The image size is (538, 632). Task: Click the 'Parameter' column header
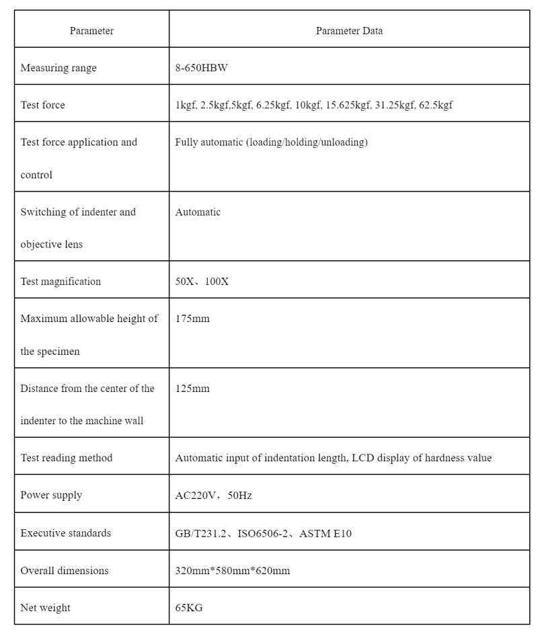(91, 31)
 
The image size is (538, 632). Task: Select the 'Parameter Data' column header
(349, 31)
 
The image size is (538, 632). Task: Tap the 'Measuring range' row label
(59, 68)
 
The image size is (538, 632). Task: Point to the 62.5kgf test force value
(436, 106)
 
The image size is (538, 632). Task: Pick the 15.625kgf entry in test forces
(348, 106)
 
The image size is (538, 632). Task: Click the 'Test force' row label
(43, 106)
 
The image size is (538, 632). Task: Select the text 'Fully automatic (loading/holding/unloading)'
(271, 143)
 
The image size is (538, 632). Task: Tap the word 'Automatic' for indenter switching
(198, 212)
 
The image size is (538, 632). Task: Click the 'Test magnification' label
(61, 282)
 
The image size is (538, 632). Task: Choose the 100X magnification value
(217, 282)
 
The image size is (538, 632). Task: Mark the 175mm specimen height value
(192, 319)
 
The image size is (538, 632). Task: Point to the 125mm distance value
(192, 389)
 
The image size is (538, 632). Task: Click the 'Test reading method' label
(67, 458)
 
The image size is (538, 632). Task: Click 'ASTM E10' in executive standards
(325, 534)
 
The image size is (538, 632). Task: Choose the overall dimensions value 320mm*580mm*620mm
(233, 571)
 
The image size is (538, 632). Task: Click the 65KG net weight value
(189, 608)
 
